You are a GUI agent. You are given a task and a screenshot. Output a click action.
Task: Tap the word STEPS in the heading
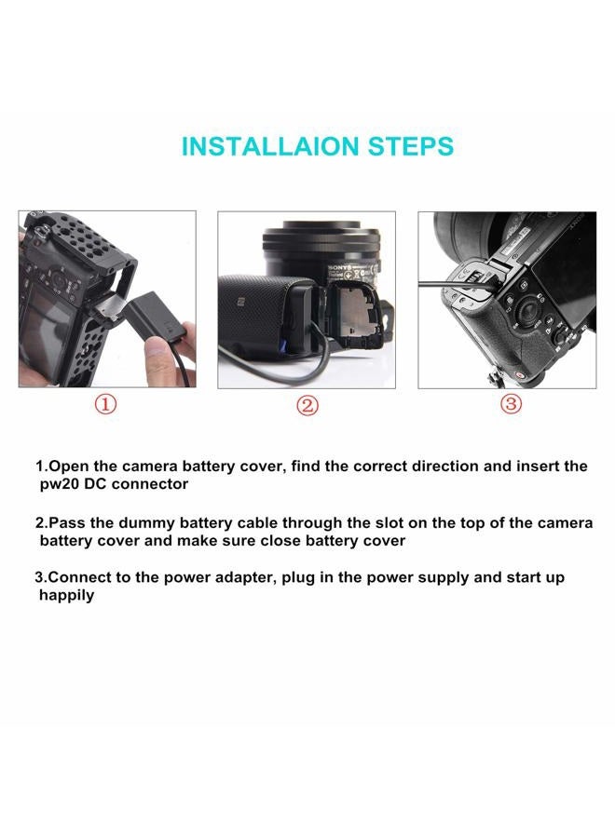pos(411,146)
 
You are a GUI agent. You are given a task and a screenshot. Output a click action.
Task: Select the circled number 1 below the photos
pos(105,404)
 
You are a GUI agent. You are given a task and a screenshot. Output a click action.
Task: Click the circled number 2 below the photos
pos(307,405)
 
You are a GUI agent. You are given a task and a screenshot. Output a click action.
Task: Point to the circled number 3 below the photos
pos(511,403)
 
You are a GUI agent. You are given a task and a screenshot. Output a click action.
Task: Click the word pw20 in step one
pos(58,485)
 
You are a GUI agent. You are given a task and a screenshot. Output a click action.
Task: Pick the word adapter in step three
pos(244,578)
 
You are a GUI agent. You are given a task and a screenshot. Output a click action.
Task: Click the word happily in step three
pos(67,596)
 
